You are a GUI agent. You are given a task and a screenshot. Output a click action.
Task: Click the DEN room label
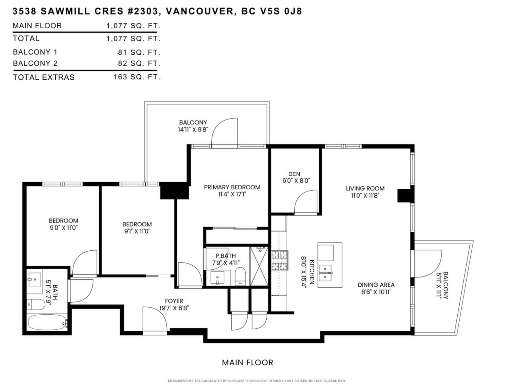click(294, 174)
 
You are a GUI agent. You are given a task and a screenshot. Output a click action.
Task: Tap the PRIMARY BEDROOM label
click(232, 187)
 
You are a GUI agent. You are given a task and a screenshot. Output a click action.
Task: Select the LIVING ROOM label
click(365, 188)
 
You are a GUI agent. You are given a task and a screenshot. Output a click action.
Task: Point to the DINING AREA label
click(376, 285)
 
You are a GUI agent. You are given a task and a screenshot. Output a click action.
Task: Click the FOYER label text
click(174, 301)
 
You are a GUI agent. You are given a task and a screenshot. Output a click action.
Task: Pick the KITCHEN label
click(312, 272)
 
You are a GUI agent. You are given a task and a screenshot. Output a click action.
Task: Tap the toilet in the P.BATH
click(240, 276)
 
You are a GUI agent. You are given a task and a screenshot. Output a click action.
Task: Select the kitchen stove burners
click(279, 260)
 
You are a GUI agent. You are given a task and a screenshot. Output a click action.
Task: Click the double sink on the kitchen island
click(325, 273)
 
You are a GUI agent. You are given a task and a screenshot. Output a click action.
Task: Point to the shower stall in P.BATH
click(259, 266)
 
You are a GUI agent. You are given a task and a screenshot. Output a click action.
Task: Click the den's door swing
click(306, 202)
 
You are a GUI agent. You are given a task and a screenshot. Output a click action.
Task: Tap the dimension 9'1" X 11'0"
click(137, 231)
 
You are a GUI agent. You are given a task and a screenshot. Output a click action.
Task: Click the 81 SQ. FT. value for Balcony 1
click(139, 52)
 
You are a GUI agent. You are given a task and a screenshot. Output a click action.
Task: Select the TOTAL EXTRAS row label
click(44, 77)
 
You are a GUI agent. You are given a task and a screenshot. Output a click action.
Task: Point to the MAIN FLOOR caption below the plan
click(247, 363)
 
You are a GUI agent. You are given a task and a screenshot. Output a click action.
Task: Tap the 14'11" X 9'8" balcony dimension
click(193, 129)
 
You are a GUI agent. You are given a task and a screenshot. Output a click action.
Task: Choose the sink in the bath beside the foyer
click(35, 279)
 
